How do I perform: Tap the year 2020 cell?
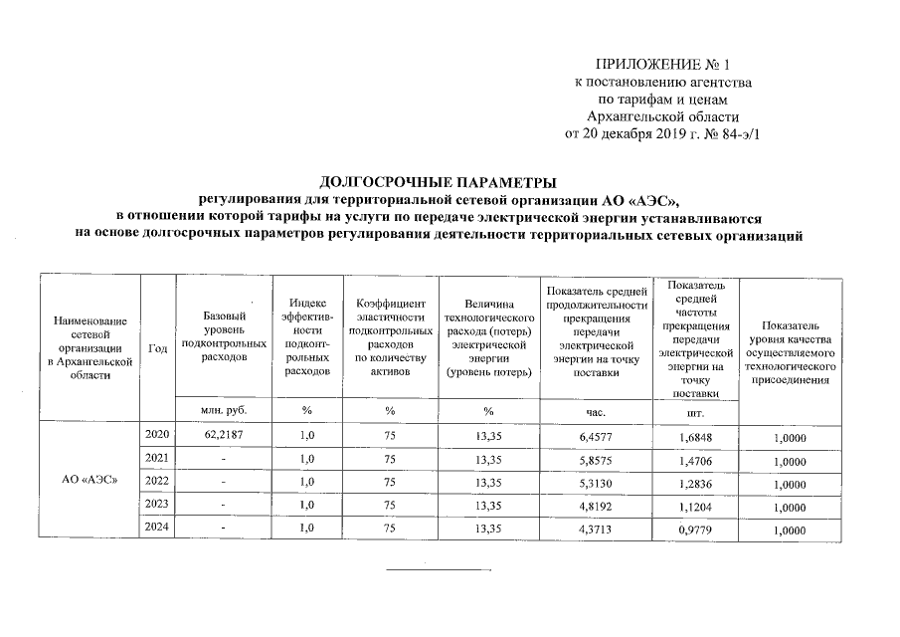pos(156,436)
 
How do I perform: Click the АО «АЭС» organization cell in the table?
pos(90,481)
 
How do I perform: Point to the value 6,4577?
pos(597,437)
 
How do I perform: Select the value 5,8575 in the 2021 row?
pos(597,459)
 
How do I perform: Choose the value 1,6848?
pos(696,437)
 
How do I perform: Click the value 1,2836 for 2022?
pos(696,482)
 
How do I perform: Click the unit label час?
pos(597,410)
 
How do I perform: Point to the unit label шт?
pos(696,410)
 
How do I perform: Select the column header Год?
pos(156,347)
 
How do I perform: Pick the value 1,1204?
pos(696,505)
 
